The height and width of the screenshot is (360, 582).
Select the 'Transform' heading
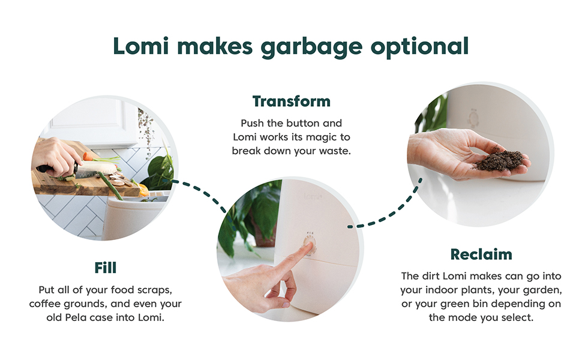pyautogui.click(x=291, y=101)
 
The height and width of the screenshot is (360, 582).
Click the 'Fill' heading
pyautogui.click(x=106, y=267)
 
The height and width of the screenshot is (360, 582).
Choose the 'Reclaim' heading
pyautogui.click(x=481, y=254)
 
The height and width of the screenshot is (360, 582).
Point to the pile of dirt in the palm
pyautogui.click(x=499, y=160)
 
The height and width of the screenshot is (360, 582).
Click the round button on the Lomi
pyautogui.click(x=310, y=244)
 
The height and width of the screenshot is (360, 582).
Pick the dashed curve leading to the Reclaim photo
pyautogui.click(x=386, y=214)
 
